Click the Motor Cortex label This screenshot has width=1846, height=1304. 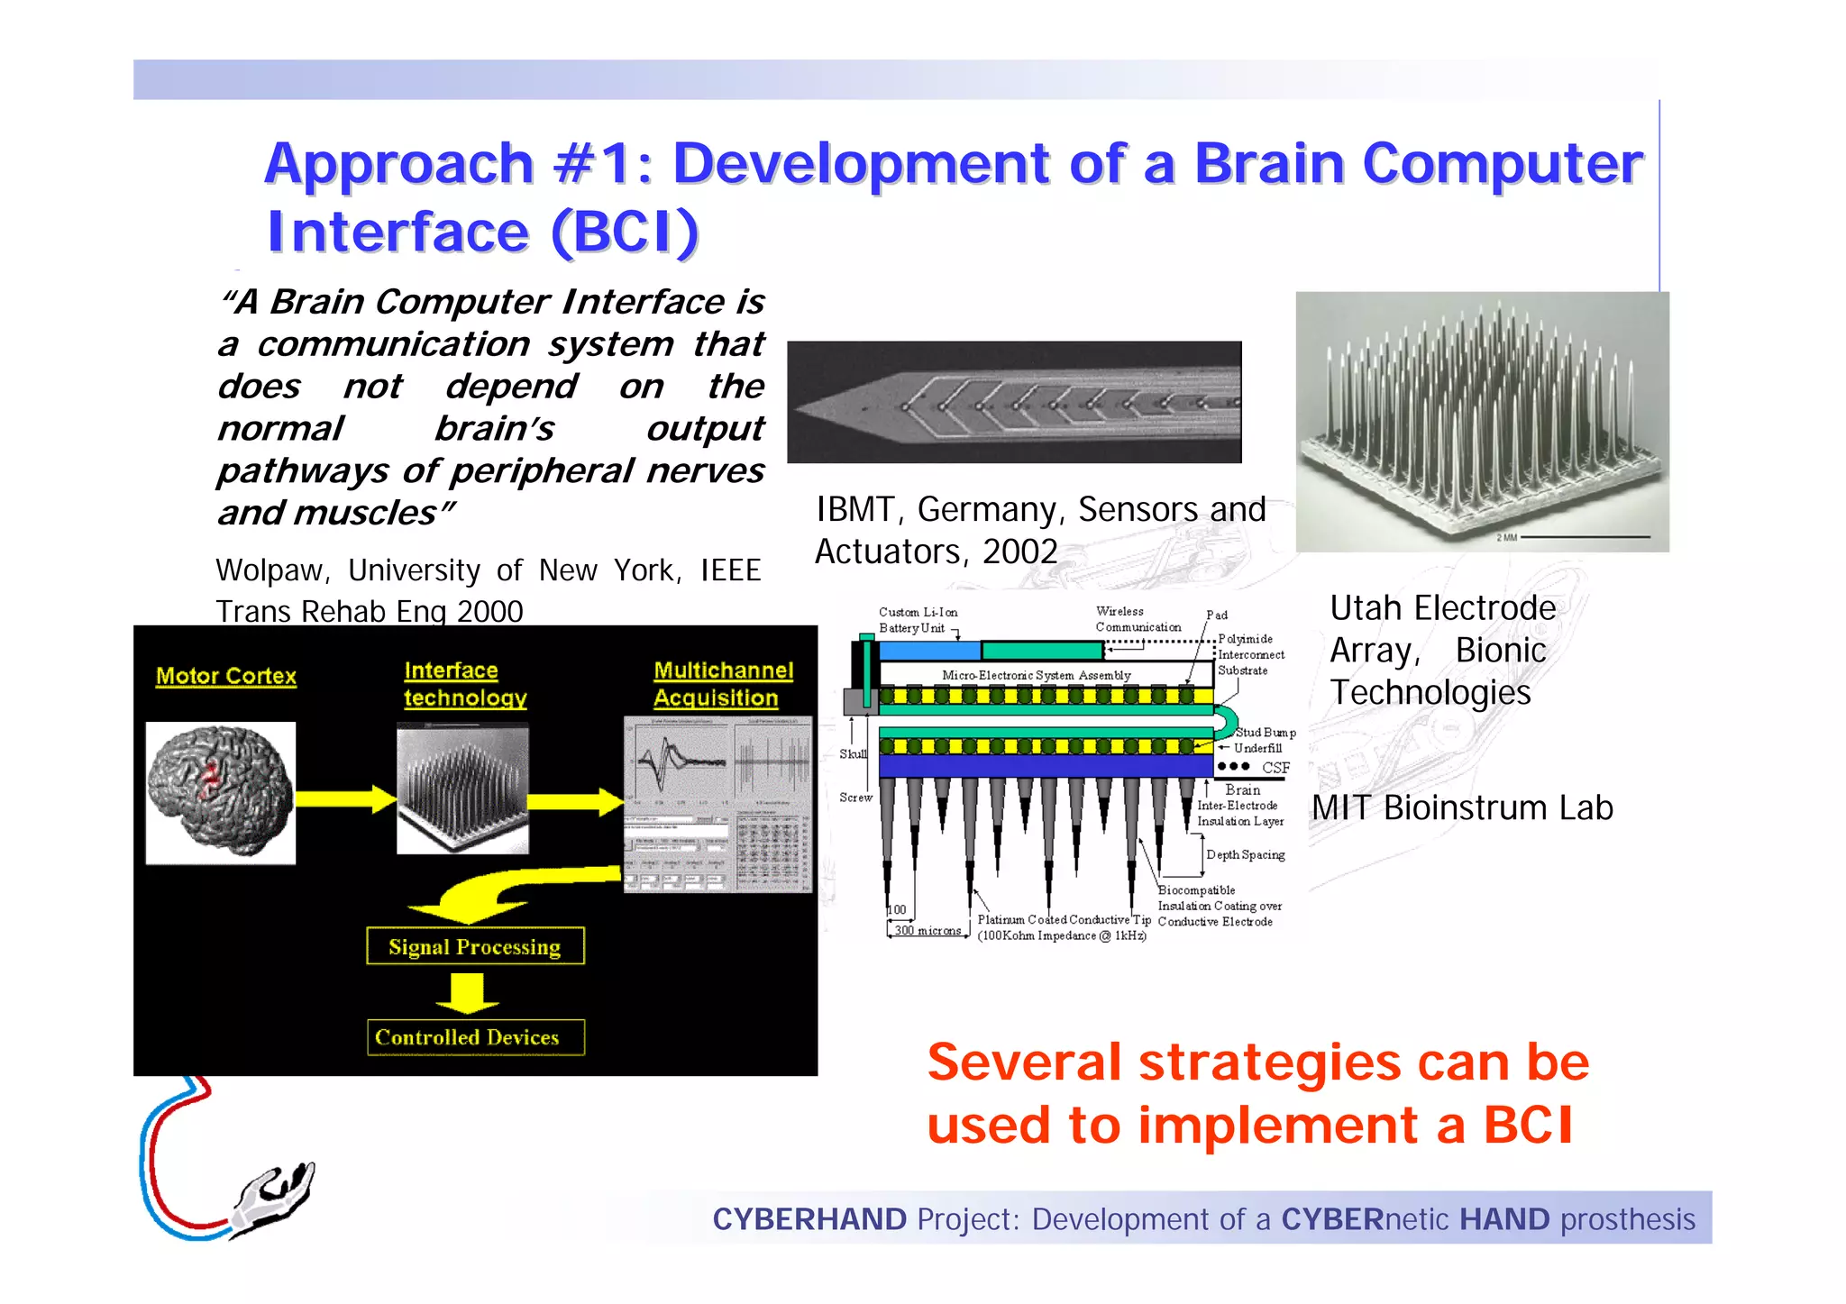coord(225,676)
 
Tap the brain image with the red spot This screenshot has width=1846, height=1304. coord(221,792)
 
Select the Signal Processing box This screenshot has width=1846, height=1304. coord(475,946)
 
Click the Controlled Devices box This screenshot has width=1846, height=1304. coord(475,1037)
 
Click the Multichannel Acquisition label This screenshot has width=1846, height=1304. coord(723,684)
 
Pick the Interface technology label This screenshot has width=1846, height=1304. coord(464,684)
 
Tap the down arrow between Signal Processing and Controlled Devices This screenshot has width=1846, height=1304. coord(467,992)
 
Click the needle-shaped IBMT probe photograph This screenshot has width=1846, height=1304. coord(1014,402)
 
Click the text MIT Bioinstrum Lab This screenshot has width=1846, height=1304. coord(1462,808)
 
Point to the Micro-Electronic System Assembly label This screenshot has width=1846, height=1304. coord(1036,675)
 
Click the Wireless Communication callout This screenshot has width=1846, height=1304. coord(1138,619)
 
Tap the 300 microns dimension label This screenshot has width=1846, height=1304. coord(928,930)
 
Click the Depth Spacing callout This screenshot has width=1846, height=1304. coord(1245,854)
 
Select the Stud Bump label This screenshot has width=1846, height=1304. coord(1265,733)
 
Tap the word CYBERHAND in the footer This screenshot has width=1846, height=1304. coord(809,1219)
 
